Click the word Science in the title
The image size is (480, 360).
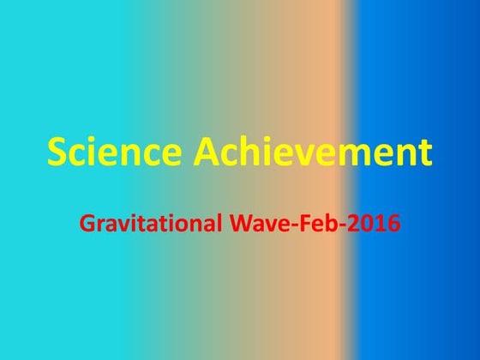point(114,153)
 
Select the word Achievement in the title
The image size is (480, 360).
point(313,153)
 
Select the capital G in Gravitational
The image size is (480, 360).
point(87,225)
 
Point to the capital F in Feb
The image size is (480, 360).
point(296,225)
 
